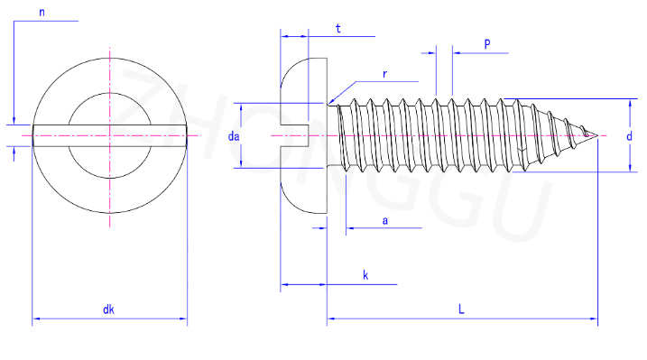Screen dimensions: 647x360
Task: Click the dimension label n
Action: pyautogui.click(x=42, y=13)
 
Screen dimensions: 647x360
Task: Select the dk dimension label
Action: pyautogui.click(x=108, y=309)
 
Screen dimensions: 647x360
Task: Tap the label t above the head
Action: pyautogui.click(x=338, y=29)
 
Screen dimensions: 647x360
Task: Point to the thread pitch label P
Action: pyautogui.click(x=487, y=44)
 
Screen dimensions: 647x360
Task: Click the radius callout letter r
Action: pyautogui.click(x=384, y=74)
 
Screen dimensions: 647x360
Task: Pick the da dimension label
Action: pyautogui.click(x=234, y=136)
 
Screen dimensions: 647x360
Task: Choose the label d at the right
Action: pyautogui.click(x=629, y=136)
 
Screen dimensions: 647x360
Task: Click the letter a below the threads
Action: pyautogui.click(x=385, y=221)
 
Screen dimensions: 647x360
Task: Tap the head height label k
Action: pyautogui.click(x=365, y=275)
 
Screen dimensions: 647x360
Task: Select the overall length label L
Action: pyautogui.click(x=461, y=309)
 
